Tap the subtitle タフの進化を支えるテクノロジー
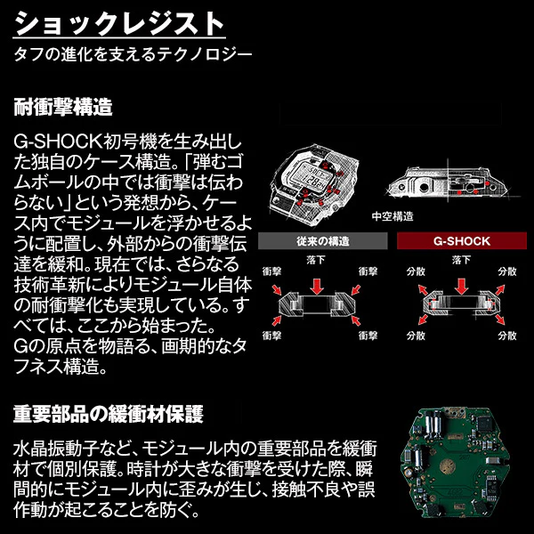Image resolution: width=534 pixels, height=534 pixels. pos(133,54)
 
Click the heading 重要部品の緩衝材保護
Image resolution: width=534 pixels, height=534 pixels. pos(108,414)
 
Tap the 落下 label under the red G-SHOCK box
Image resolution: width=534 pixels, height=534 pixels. pos(460,260)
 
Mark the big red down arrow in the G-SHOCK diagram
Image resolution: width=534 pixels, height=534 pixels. pos(460,283)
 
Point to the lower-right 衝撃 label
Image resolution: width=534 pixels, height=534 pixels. pos(369,336)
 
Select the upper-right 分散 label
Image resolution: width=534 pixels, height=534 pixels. pos(508,270)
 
